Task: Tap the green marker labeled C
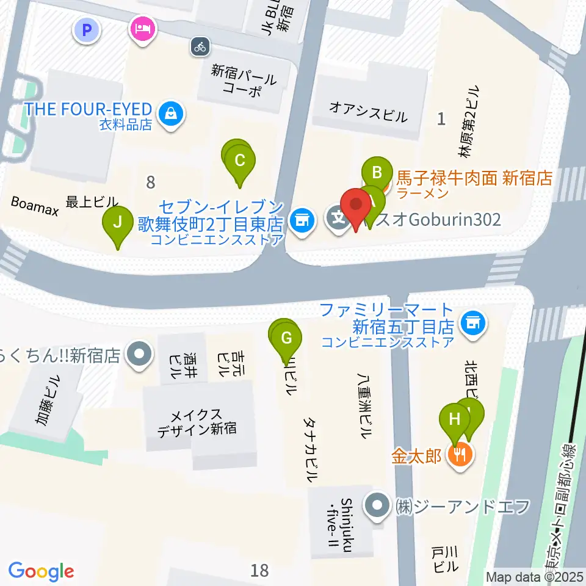click(240, 161)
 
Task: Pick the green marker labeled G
click(289, 337)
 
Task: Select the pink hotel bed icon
click(142, 29)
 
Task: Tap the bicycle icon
click(200, 46)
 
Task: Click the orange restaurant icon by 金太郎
click(459, 454)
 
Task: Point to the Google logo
click(41, 571)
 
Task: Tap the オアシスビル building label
click(367, 112)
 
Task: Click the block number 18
click(259, 570)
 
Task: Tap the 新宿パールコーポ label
click(244, 81)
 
